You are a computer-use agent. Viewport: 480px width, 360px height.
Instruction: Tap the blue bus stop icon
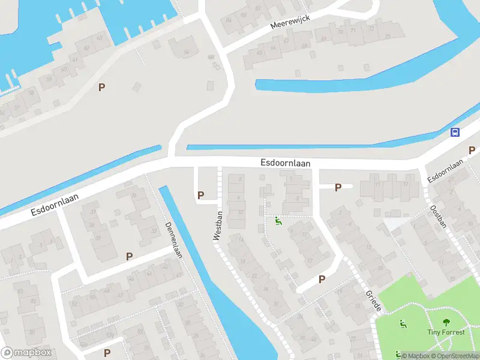[455, 133]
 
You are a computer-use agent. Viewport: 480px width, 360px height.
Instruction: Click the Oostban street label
[439, 217]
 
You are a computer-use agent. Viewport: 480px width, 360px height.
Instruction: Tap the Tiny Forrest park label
[446, 332]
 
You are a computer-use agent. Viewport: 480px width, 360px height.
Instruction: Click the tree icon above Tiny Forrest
[446, 322]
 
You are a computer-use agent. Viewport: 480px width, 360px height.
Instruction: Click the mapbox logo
[26, 353]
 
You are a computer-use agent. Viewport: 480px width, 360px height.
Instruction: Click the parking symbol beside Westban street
[200, 195]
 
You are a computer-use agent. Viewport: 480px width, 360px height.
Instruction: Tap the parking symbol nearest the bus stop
[472, 149]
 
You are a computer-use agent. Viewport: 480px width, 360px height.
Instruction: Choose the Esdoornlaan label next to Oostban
[446, 172]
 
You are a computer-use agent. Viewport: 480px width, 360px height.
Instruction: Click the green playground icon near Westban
[277, 221]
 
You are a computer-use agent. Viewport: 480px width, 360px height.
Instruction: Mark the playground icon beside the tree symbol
[403, 324]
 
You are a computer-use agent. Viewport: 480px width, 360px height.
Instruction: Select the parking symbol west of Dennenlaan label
[129, 257]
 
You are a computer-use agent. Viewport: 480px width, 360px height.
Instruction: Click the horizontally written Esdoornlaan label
[286, 163]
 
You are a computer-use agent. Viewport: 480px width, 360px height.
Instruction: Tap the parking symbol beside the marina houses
[101, 87]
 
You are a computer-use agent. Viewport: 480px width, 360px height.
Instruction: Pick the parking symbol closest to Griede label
[322, 279]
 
